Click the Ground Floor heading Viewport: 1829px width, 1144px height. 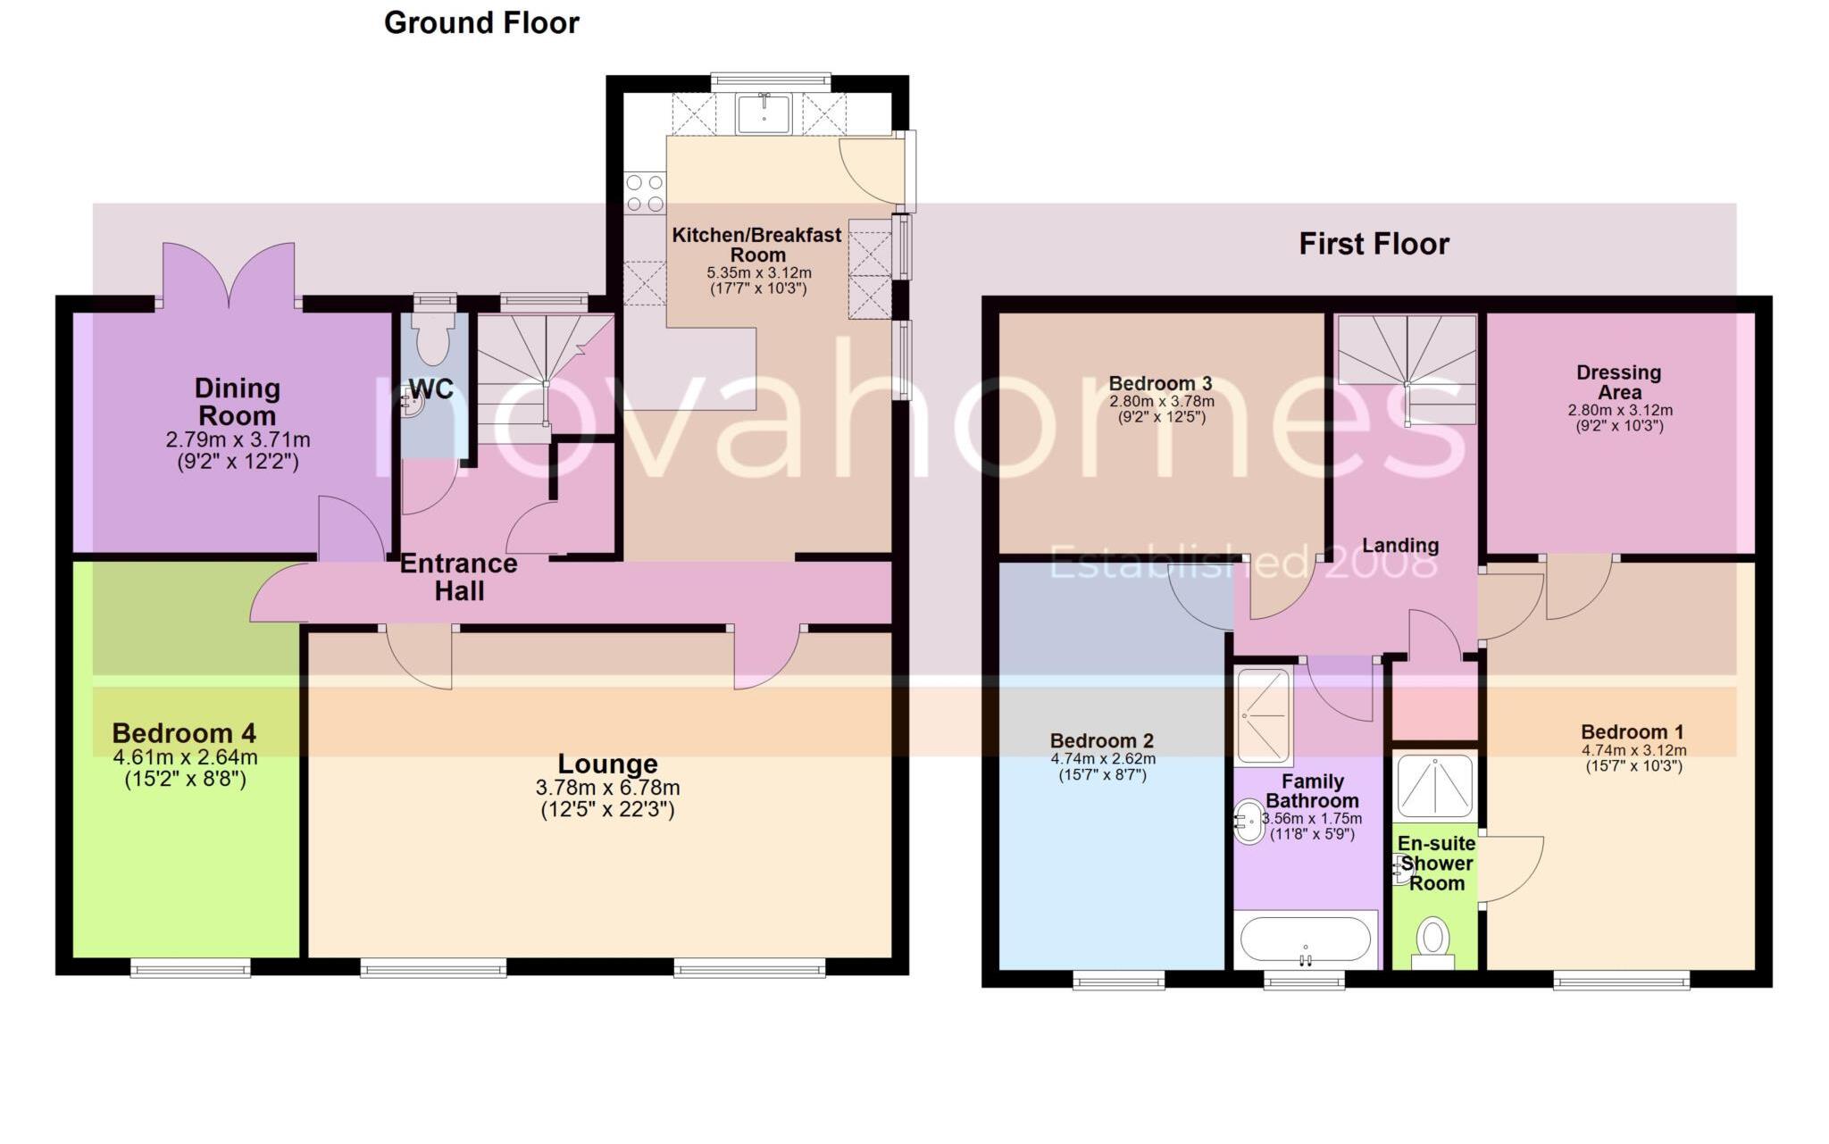(x=481, y=22)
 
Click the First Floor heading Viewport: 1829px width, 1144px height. (x=1374, y=244)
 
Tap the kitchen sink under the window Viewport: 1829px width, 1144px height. (x=764, y=114)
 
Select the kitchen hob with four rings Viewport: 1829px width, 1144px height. (x=645, y=192)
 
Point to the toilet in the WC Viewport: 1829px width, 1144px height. (x=434, y=340)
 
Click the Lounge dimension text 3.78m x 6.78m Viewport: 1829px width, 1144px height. (x=607, y=788)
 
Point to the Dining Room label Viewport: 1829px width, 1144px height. (x=237, y=402)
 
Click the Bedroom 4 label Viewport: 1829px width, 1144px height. (x=184, y=733)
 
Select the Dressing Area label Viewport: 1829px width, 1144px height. (x=1619, y=382)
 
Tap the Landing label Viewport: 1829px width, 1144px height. (x=1399, y=546)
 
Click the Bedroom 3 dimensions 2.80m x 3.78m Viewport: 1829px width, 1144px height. (x=1161, y=402)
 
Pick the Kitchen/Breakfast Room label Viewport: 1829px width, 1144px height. (x=756, y=245)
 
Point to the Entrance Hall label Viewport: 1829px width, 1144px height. (x=459, y=577)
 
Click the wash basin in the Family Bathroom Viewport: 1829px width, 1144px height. (x=1248, y=822)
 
